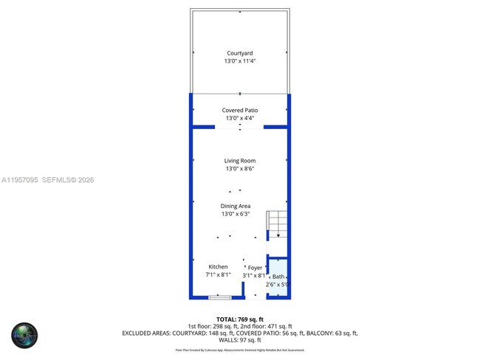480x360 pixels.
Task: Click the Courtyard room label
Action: (x=239, y=53)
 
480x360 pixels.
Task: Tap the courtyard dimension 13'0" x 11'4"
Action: (x=239, y=61)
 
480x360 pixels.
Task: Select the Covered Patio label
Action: (x=239, y=110)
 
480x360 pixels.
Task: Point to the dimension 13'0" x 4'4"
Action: (x=239, y=118)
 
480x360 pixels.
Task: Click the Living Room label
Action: (x=239, y=160)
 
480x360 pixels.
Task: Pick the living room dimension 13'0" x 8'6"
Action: (x=239, y=168)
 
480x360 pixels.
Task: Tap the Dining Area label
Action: (x=236, y=206)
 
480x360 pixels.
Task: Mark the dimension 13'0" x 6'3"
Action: (x=236, y=214)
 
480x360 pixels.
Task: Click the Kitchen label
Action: (x=218, y=266)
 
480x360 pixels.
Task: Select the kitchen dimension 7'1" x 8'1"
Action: (x=218, y=274)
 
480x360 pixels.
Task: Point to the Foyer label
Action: (x=255, y=268)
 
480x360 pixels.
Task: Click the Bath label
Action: (x=278, y=276)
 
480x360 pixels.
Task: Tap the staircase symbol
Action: (x=277, y=222)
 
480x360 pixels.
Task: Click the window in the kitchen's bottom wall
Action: (x=219, y=297)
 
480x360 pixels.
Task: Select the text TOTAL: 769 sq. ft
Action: (x=240, y=318)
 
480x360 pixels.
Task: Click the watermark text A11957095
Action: (x=19, y=179)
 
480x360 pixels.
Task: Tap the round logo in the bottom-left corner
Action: (x=24, y=336)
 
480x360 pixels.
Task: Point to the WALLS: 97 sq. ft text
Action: (x=240, y=341)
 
